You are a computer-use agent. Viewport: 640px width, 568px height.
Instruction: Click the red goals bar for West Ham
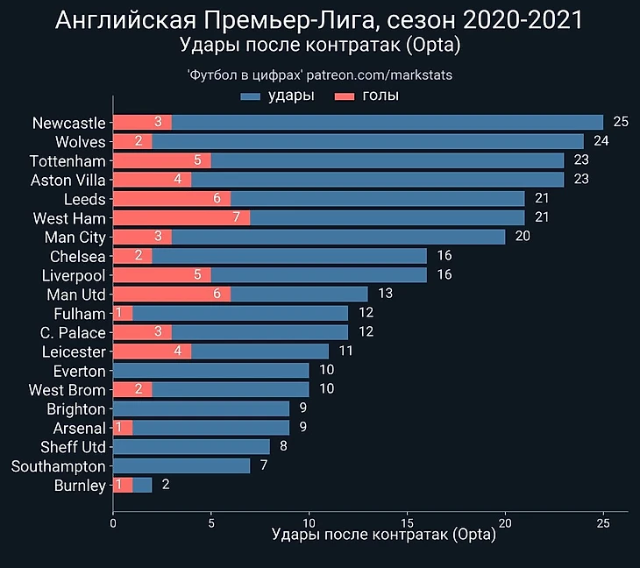pyautogui.click(x=181, y=217)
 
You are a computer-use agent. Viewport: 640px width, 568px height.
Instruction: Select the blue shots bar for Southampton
pyautogui.click(x=181, y=466)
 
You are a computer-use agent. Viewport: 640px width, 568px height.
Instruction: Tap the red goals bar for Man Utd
pyautogui.click(x=172, y=295)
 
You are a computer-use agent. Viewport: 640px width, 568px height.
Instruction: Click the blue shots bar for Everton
pyautogui.click(x=210, y=371)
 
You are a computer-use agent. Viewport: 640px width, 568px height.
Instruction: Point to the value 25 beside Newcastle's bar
pyautogui.click(x=621, y=122)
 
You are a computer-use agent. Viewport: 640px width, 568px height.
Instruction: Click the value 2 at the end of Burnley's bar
pyautogui.click(x=166, y=485)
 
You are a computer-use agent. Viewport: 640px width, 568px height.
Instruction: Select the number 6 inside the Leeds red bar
pyautogui.click(x=217, y=199)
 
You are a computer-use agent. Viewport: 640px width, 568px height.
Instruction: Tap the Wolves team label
pyautogui.click(x=80, y=142)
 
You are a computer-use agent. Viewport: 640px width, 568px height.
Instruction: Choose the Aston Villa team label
pyautogui.click(x=68, y=180)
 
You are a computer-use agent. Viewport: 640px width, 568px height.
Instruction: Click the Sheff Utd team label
pyautogui.click(x=74, y=447)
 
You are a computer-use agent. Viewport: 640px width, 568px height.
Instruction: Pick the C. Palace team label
pyautogui.click(x=73, y=333)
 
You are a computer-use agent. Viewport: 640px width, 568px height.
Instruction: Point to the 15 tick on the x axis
pyautogui.click(x=407, y=523)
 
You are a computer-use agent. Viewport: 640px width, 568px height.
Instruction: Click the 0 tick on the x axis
pyautogui.click(x=113, y=523)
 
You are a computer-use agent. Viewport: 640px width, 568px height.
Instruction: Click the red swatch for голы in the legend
pyautogui.click(x=345, y=96)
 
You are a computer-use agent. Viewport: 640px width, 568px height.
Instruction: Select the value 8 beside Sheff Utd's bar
pyautogui.click(x=283, y=447)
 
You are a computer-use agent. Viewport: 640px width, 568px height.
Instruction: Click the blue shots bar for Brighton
pyautogui.click(x=201, y=408)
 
